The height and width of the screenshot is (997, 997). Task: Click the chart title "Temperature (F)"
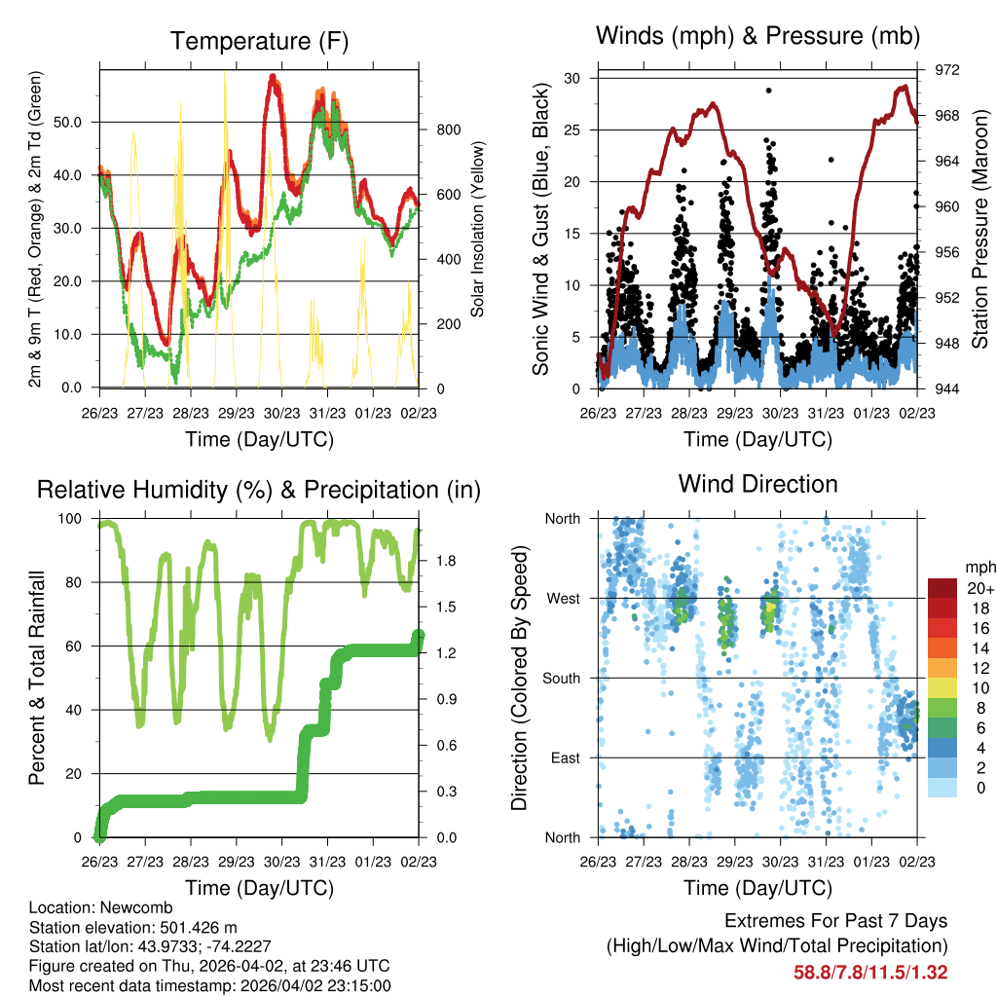259,41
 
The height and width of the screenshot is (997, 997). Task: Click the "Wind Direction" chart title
757,484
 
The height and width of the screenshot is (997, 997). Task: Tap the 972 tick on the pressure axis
943,70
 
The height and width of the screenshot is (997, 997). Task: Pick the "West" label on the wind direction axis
562,598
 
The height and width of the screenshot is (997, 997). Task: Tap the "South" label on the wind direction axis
560,678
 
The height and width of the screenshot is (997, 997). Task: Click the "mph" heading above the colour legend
978,567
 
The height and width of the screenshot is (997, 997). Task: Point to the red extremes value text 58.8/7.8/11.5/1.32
870,973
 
